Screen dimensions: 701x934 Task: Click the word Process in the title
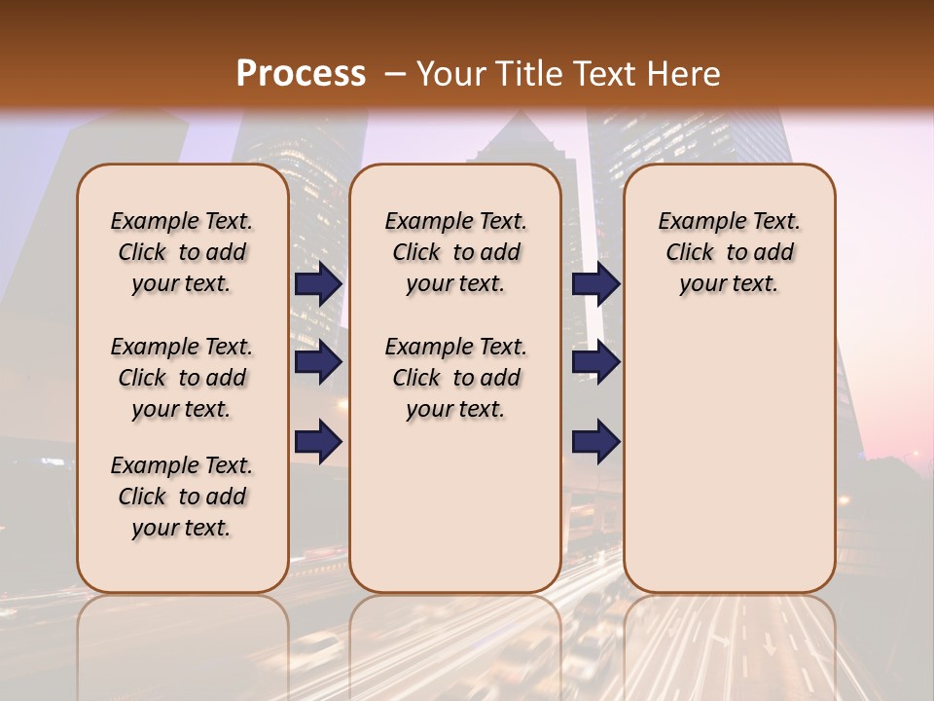(x=301, y=74)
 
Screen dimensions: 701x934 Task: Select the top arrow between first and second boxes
(x=318, y=284)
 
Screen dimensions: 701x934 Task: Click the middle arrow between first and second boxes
(x=318, y=363)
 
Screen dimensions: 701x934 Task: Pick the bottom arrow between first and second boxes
(x=318, y=442)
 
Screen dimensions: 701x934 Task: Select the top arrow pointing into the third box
(x=595, y=284)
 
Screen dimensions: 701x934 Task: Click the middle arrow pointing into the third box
(x=595, y=363)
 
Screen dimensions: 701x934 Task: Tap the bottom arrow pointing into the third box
(x=595, y=442)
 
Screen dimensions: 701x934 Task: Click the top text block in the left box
(x=182, y=252)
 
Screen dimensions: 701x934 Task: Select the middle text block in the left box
(x=182, y=378)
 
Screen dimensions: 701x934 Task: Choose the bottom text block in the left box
(x=182, y=497)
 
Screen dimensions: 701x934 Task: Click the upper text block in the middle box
(x=455, y=252)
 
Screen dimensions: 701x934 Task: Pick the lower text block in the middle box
(x=455, y=378)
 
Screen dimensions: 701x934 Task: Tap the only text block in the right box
(x=729, y=252)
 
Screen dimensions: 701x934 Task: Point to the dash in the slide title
(x=395, y=75)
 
